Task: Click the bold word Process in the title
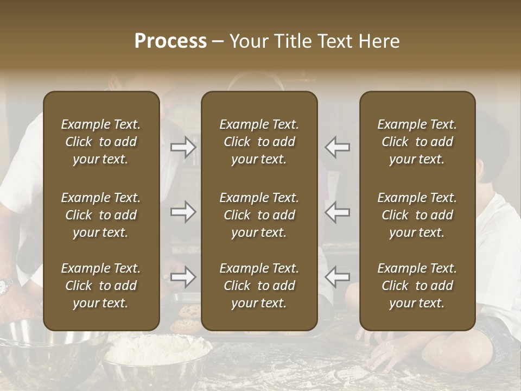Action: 170,41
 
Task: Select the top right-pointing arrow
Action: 183,147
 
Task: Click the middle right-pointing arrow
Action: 183,212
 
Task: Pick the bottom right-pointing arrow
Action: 183,278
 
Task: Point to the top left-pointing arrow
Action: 338,147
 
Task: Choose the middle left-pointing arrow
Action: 338,212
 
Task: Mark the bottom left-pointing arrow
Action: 338,278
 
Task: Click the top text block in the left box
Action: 101,142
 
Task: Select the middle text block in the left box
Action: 101,215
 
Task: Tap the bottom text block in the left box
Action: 101,286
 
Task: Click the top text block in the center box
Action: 259,142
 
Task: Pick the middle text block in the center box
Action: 259,215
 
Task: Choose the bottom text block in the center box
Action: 259,286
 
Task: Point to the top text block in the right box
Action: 417,142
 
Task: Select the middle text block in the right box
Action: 417,215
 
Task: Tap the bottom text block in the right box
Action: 417,286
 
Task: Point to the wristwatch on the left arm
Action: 7,287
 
